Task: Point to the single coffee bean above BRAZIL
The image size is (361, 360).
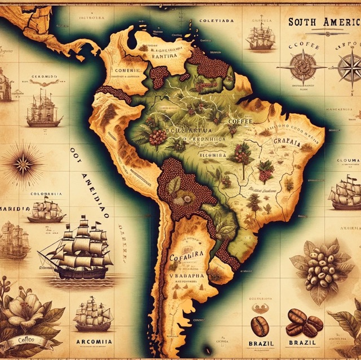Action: point(259,325)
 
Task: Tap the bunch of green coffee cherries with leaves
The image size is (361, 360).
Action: point(319,268)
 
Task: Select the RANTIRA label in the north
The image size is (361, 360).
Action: point(163,56)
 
